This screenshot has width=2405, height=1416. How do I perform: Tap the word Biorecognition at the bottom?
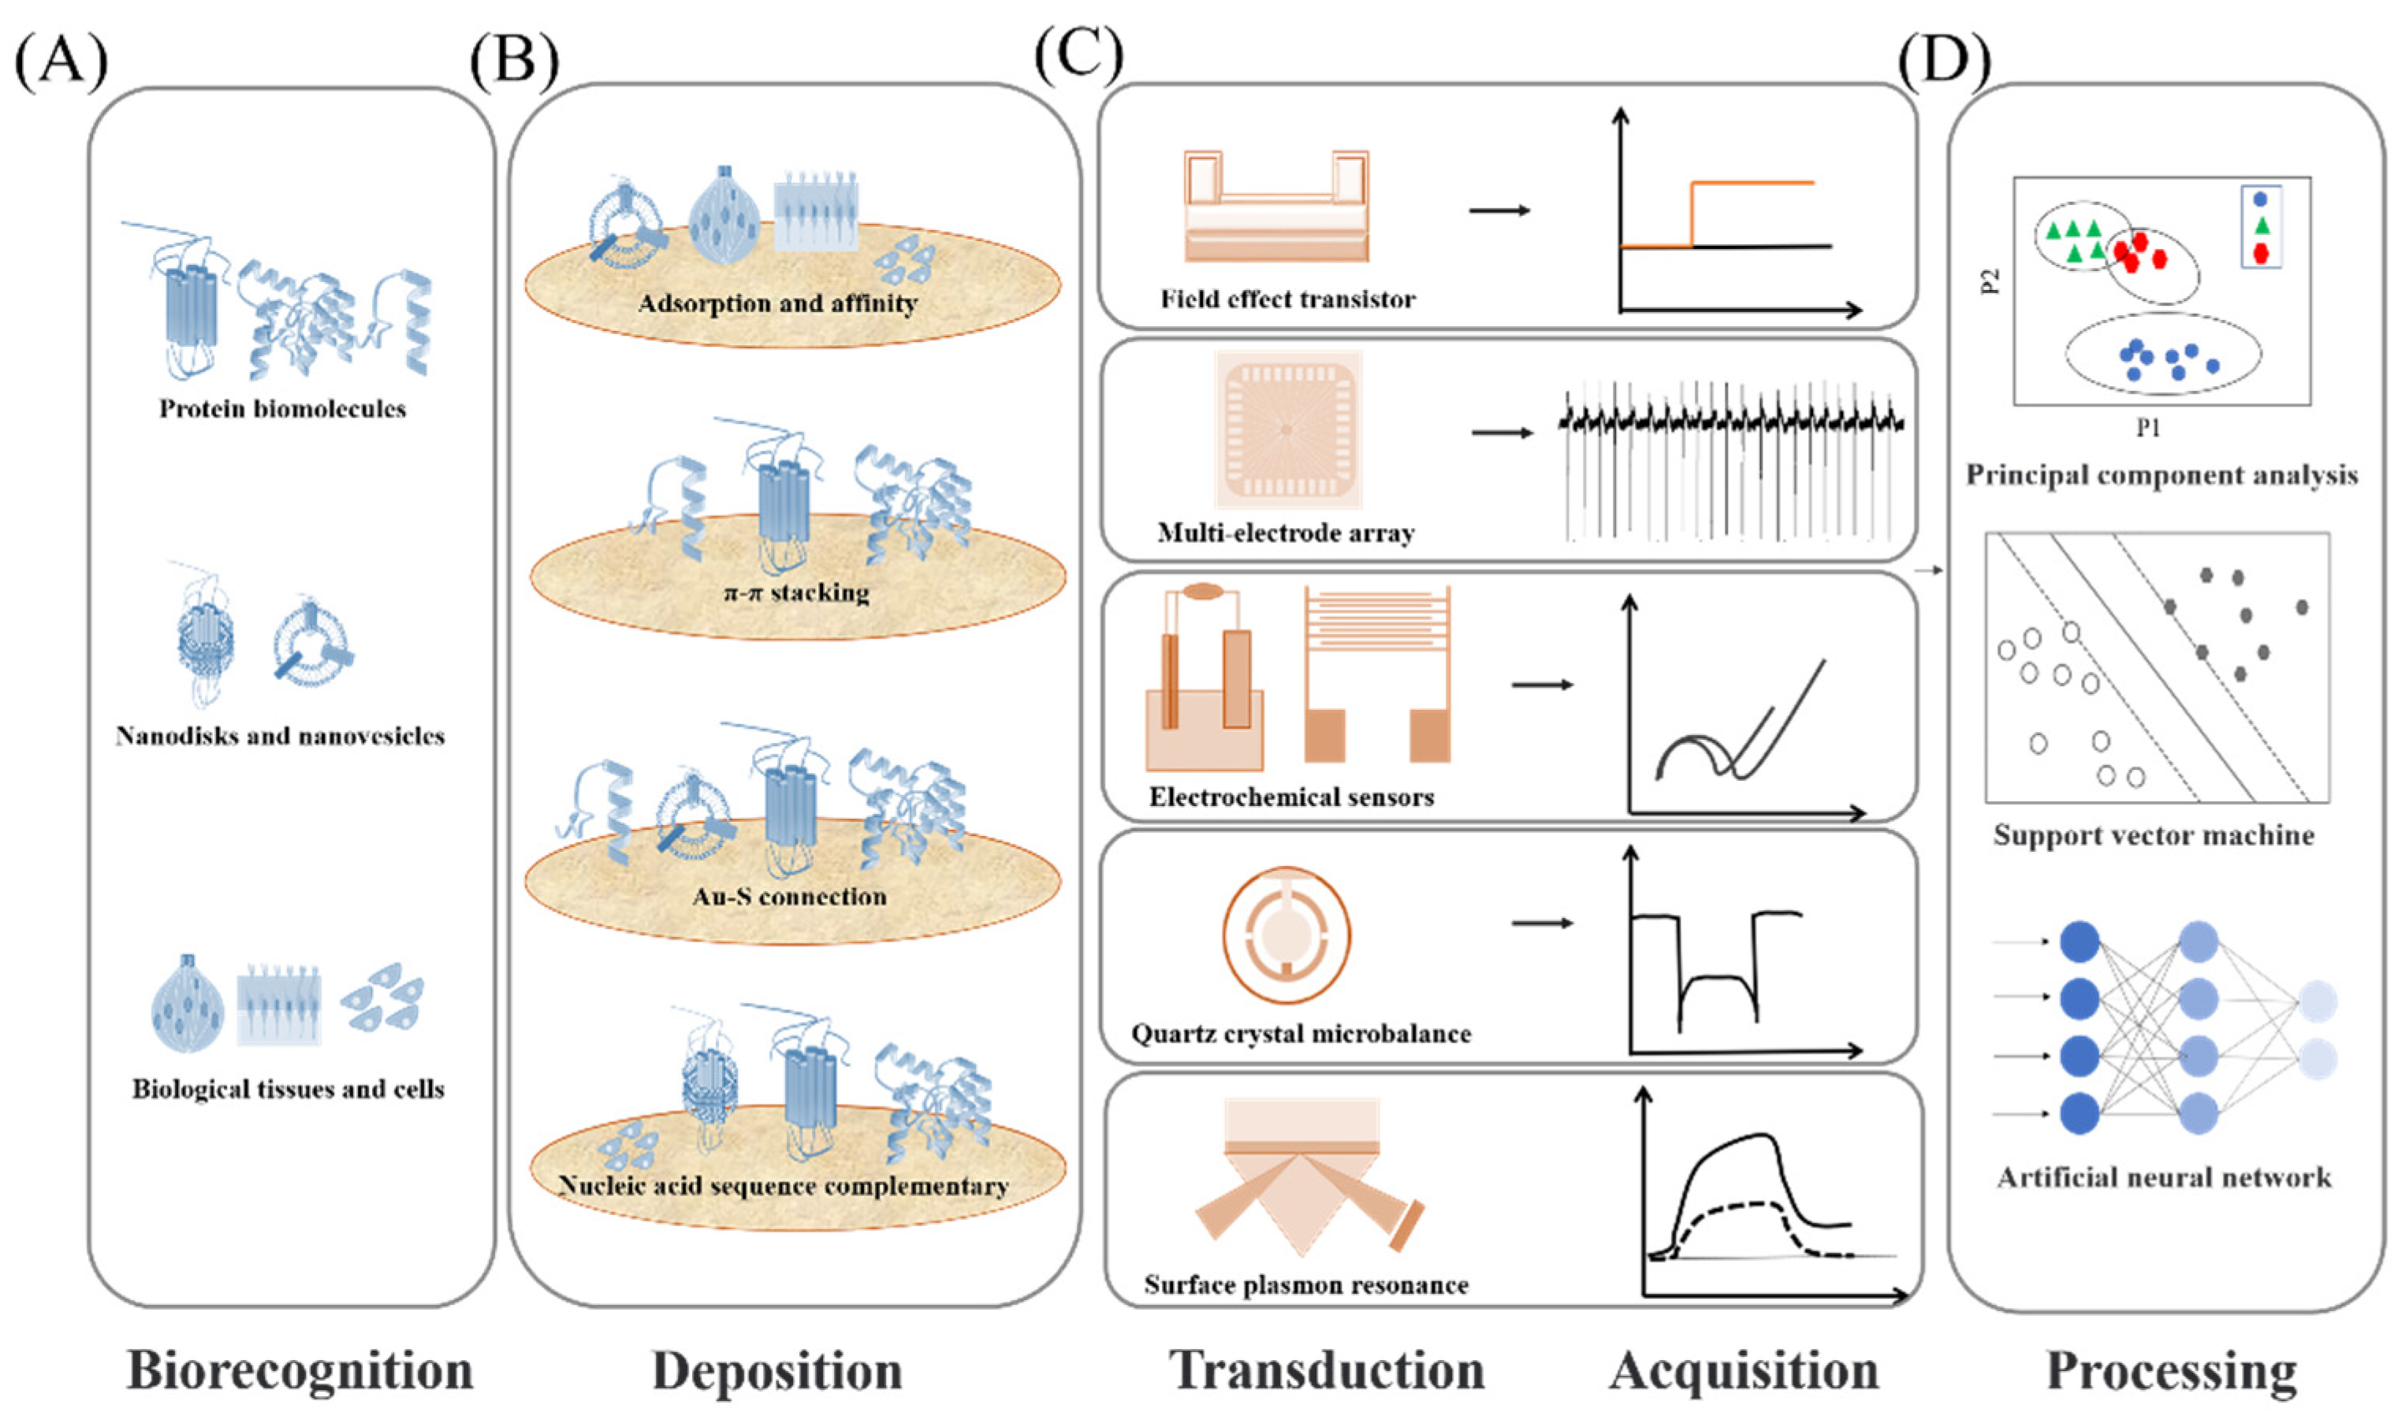click(x=300, y=1371)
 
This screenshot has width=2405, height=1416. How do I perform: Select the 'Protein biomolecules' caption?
click(x=282, y=409)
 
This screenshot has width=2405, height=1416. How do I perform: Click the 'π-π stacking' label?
click(x=796, y=593)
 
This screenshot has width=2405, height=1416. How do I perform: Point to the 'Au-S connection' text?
click(x=789, y=897)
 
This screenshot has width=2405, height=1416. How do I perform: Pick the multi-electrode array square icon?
click(x=1287, y=430)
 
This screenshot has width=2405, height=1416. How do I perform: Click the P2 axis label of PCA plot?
click(x=1991, y=281)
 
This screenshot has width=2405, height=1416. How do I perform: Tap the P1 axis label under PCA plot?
click(x=2148, y=429)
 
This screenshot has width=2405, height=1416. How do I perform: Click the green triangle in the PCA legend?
click(x=2260, y=226)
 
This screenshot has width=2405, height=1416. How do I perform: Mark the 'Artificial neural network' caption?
click(x=2164, y=1177)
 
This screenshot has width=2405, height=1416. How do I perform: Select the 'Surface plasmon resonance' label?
click(x=1305, y=1284)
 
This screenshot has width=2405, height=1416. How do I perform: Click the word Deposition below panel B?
click(x=777, y=1371)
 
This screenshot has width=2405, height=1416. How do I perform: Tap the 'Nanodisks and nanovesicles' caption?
click(x=281, y=736)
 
